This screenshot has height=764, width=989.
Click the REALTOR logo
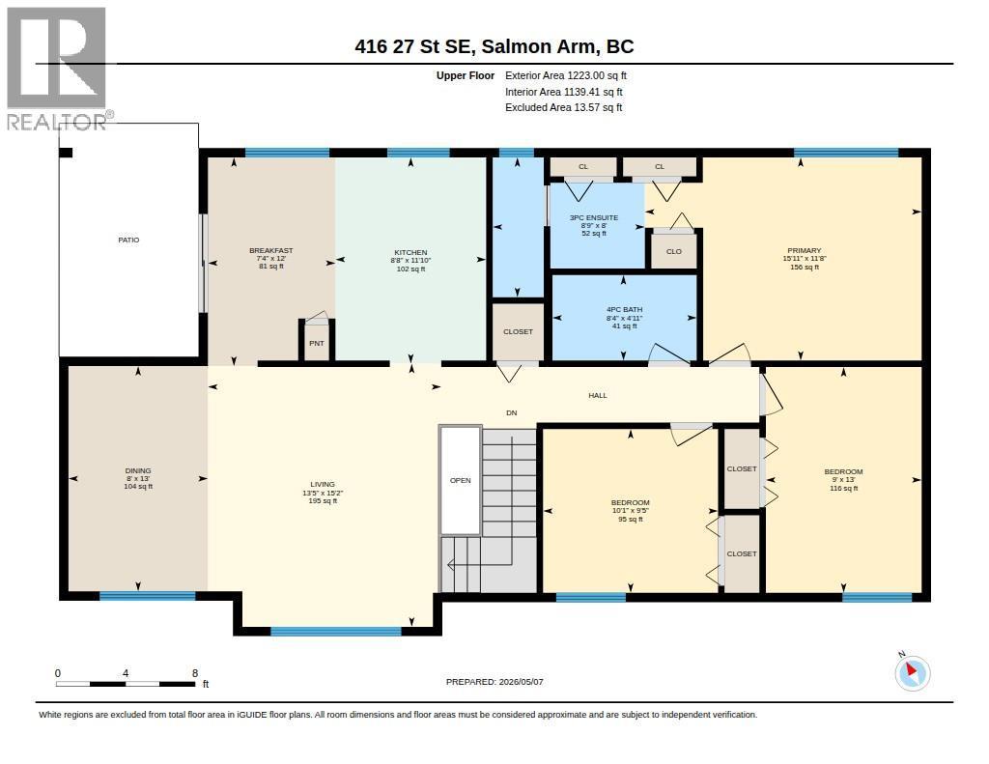pyautogui.click(x=58, y=69)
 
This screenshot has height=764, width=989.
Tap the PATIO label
pyautogui.click(x=128, y=240)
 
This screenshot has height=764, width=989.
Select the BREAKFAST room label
pyautogui.click(x=271, y=250)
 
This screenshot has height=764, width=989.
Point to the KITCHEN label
pyautogui.click(x=410, y=252)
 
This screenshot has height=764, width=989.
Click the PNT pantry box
pyautogui.click(x=317, y=341)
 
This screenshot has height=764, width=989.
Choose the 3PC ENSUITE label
pyautogui.click(x=594, y=217)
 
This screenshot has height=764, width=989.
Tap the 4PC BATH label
pyautogui.click(x=625, y=310)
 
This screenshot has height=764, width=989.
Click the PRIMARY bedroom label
pyautogui.click(x=805, y=250)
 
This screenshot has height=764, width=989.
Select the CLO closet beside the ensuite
pyautogui.click(x=673, y=251)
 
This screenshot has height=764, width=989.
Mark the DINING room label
pyautogui.click(x=138, y=470)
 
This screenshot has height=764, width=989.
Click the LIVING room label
pyautogui.click(x=323, y=485)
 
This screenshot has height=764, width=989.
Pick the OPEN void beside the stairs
pyautogui.click(x=461, y=481)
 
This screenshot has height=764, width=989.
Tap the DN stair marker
pyautogui.click(x=512, y=412)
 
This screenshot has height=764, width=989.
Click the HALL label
pyautogui.click(x=598, y=396)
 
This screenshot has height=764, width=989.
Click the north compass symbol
pyautogui.click(x=912, y=673)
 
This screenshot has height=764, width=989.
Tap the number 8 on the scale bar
pyautogui.click(x=195, y=673)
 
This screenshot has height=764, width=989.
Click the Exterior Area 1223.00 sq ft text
pyautogui.click(x=566, y=75)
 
